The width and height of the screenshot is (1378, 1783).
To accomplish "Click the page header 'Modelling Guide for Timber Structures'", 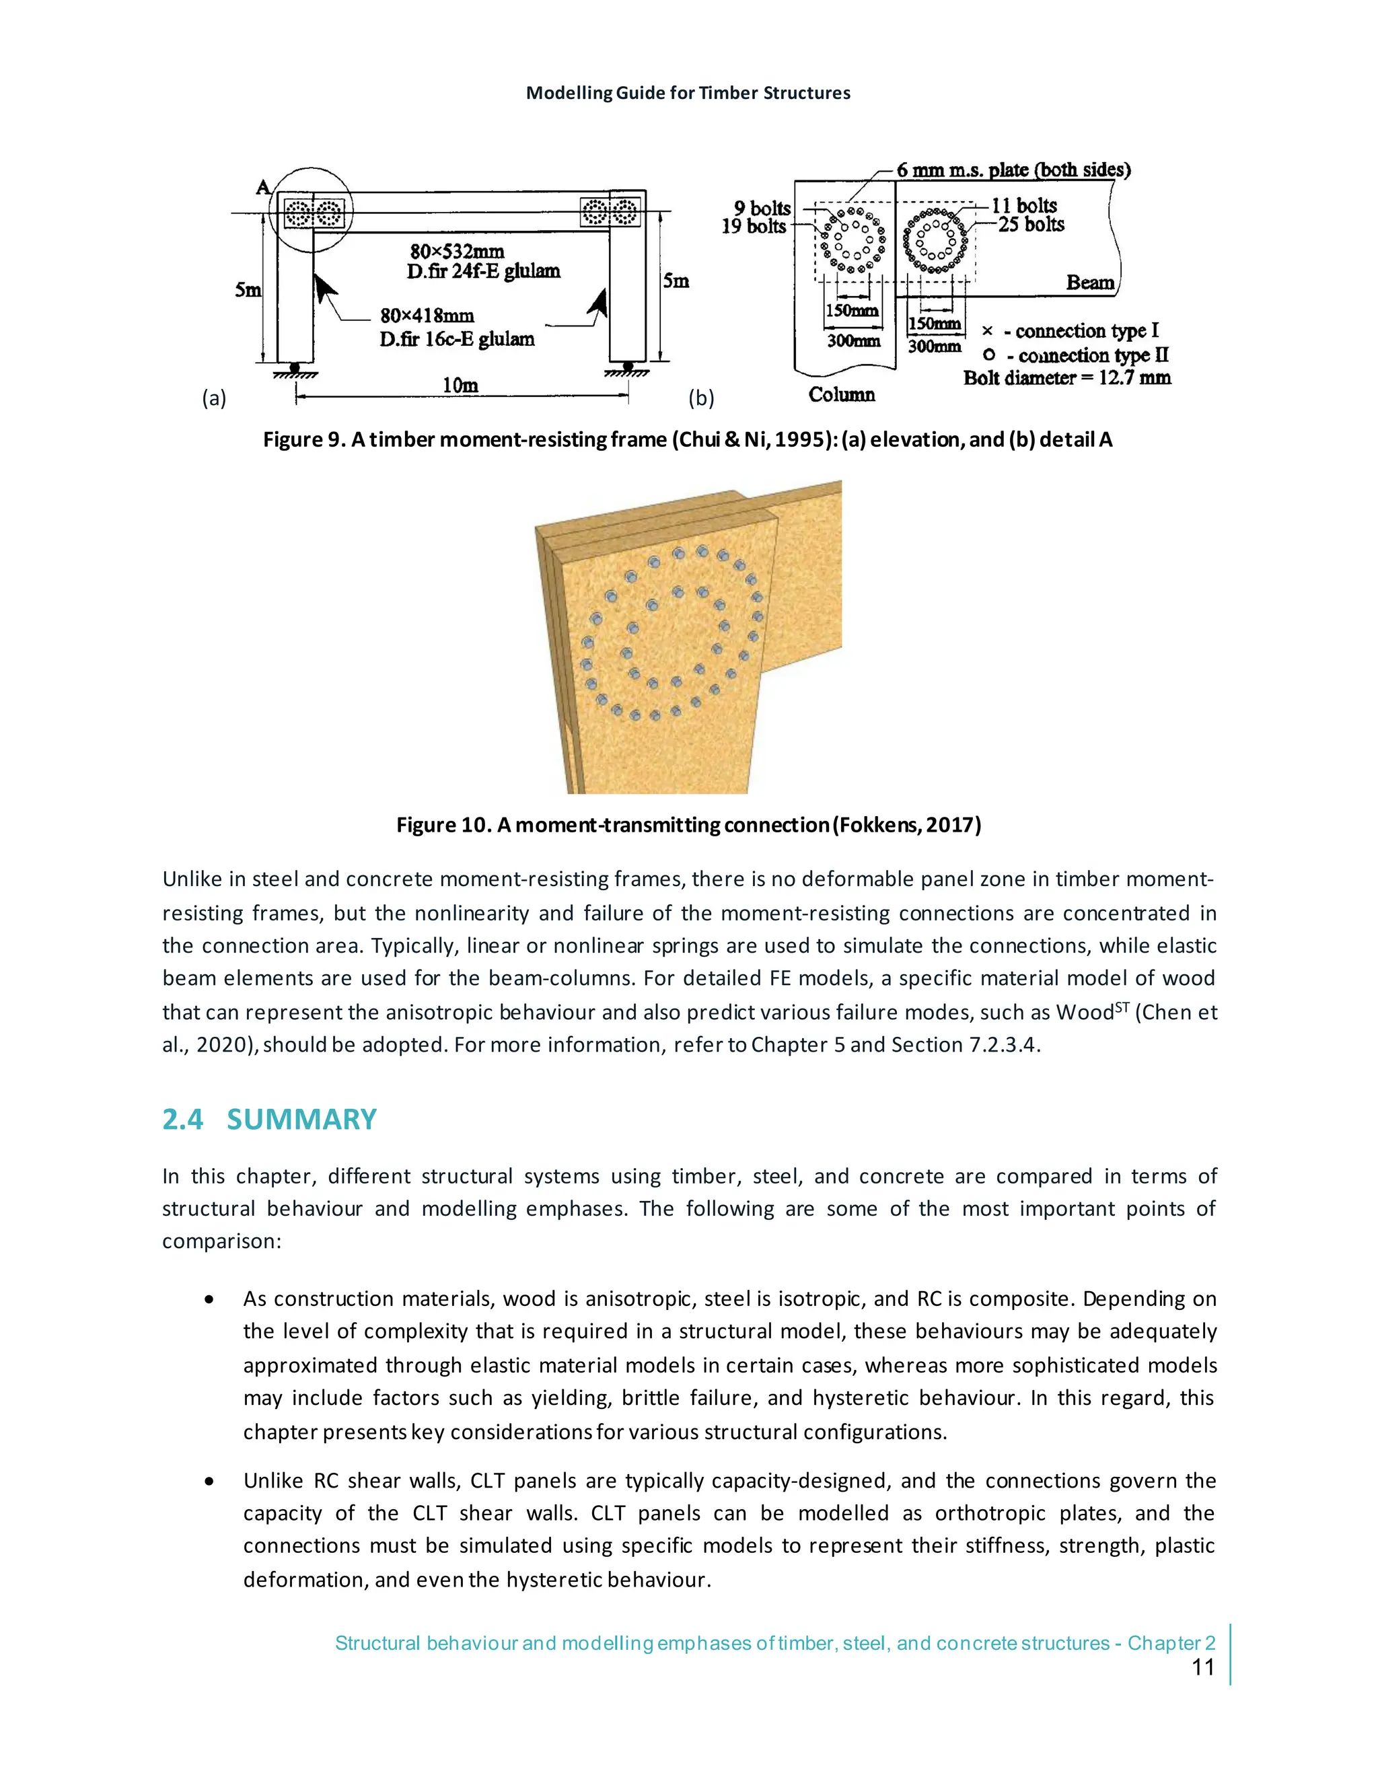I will (x=688, y=93).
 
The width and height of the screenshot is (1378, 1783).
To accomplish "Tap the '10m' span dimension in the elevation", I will (x=460, y=386).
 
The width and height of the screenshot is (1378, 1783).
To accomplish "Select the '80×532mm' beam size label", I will (x=456, y=252).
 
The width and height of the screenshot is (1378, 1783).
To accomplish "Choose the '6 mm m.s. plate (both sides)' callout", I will (x=1013, y=170).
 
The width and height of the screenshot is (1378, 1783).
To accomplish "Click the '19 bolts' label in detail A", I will (x=754, y=227).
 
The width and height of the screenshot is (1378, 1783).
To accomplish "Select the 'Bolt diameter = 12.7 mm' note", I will (x=1067, y=378).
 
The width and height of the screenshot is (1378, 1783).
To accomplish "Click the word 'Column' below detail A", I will (x=842, y=395).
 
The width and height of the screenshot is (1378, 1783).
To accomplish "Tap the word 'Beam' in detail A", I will (x=1090, y=283).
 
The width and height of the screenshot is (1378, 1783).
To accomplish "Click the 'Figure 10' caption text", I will (x=688, y=825).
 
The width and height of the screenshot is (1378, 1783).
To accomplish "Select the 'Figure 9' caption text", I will (x=688, y=440).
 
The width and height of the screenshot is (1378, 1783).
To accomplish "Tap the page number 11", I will (x=1203, y=1667).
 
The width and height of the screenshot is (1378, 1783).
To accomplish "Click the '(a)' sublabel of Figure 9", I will (x=214, y=398).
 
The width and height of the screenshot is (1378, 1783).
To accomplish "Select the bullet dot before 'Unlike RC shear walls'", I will (x=211, y=1481).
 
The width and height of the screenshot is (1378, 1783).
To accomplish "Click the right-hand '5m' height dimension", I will (x=676, y=281).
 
